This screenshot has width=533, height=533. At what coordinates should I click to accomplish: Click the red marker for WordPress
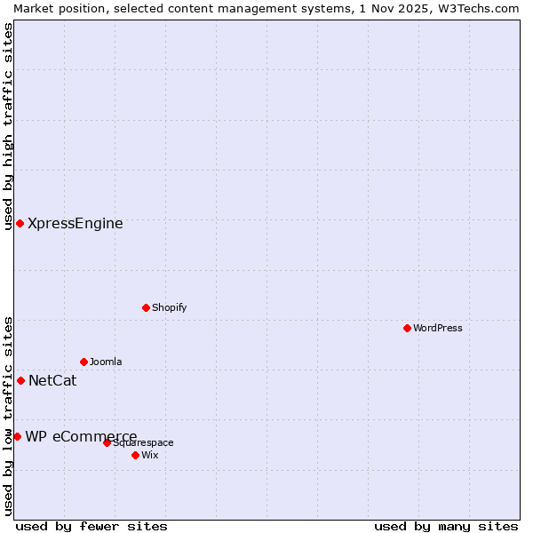[x=407, y=328]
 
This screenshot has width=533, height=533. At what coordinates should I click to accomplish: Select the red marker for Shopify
[x=146, y=307]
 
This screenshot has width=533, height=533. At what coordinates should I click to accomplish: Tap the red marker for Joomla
[x=84, y=362]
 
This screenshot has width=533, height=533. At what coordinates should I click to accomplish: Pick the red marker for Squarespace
[x=107, y=442]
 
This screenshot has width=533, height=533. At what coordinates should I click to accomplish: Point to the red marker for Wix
[x=135, y=455]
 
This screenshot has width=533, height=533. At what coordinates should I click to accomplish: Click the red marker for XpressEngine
[x=20, y=223]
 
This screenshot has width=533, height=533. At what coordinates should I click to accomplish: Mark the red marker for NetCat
[x=20, y=380]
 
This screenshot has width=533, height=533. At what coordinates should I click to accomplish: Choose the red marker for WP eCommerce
[x=17, y=436]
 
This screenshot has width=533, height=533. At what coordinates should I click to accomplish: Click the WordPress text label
[x=438, y=328]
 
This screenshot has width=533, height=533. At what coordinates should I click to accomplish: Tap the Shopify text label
[x=169, y=307]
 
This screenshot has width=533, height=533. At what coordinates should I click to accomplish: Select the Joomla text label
[x=106, y=362]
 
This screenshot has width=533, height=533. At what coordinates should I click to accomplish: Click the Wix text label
[x=150, y=455]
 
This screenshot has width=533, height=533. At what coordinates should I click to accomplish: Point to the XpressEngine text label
[x=76, y=223]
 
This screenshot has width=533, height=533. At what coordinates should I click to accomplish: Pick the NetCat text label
[x=52, y=381]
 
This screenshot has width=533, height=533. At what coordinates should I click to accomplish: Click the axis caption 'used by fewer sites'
[x=91, y=526]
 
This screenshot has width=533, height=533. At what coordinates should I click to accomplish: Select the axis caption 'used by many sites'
[x=446, y=526]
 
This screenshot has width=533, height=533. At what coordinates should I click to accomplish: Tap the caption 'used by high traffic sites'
[x=8, y=126]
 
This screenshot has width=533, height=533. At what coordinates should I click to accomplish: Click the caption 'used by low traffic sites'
[x=8, y=416]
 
